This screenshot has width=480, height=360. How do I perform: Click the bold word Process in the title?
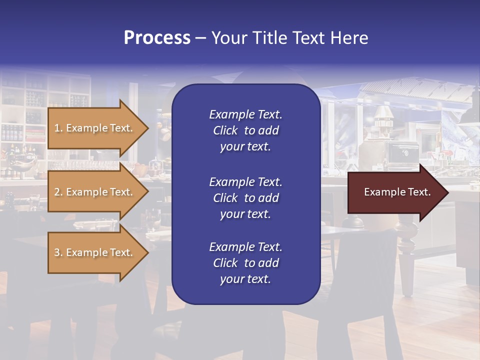(157, 38)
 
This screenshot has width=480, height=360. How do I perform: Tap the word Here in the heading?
(349, 38)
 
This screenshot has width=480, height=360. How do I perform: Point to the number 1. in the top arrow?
(58, 128)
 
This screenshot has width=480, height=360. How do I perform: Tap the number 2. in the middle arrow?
(58, 192)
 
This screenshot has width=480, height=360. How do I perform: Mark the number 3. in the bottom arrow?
(58, 252)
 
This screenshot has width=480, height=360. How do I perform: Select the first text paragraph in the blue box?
(245, 130)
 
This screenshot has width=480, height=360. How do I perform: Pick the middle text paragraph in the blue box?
(245, 198)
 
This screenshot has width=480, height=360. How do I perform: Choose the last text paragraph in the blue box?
(245, 263)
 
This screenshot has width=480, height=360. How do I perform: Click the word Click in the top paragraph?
(225, 130)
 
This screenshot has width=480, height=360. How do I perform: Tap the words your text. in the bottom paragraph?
(245, 279)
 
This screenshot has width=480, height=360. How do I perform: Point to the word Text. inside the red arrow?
(418, 192)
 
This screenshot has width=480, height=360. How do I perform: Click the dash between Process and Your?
(200, 38)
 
